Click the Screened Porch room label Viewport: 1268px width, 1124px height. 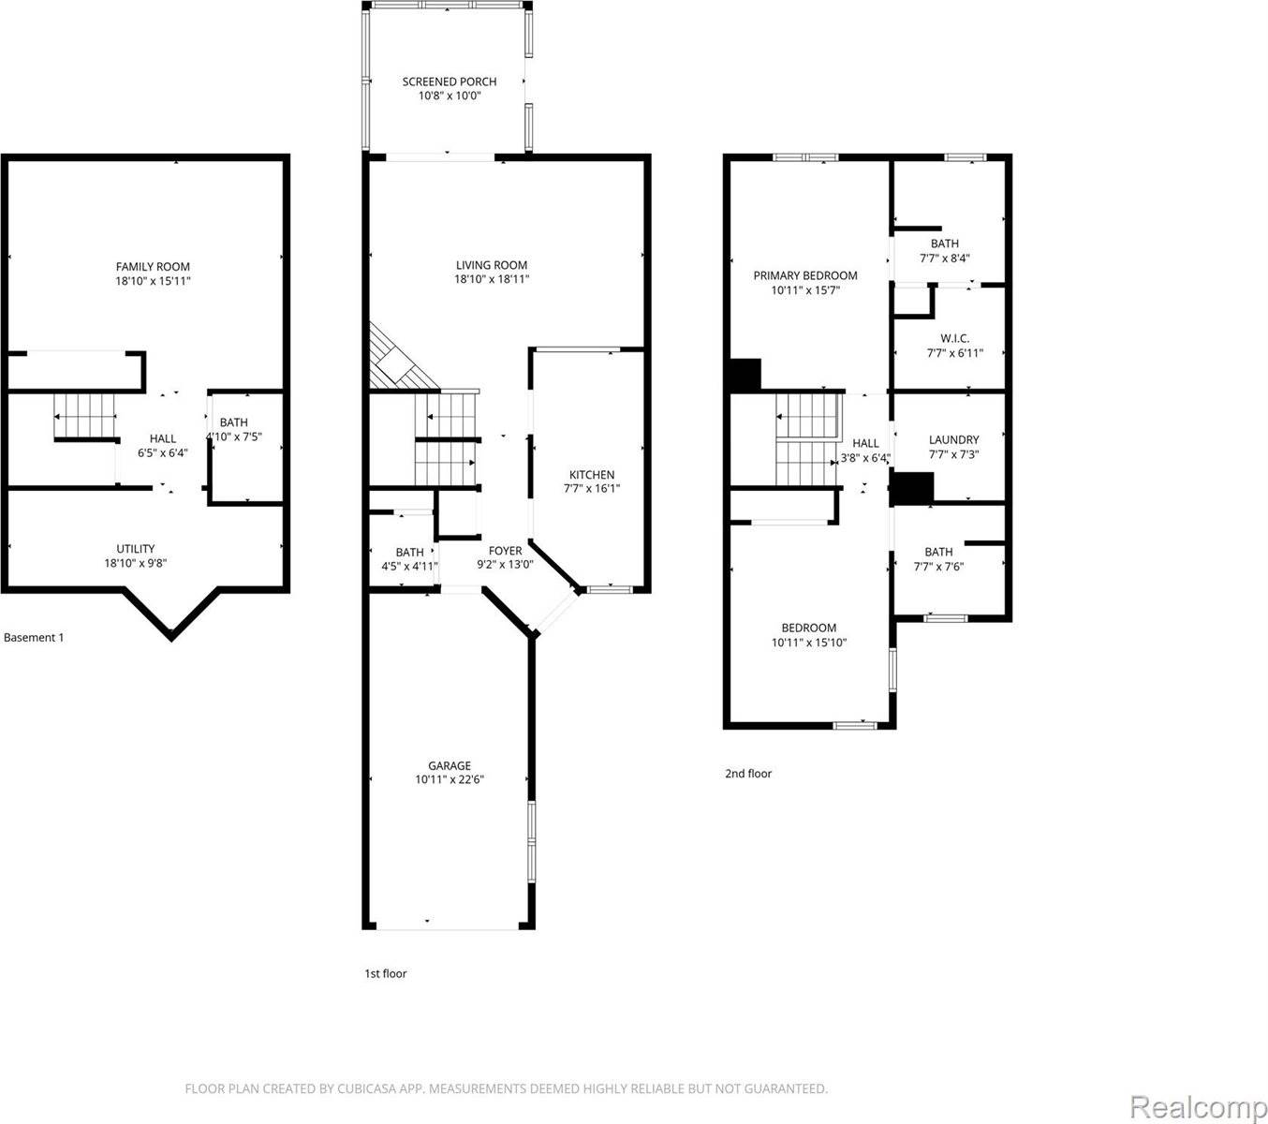pos(450,81)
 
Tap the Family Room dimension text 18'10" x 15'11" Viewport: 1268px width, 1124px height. pos(153,281)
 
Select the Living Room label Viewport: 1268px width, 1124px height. pos(492,265)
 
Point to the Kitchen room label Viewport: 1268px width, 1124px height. pos(592,475)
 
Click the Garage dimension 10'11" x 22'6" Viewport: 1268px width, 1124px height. pos(450,779)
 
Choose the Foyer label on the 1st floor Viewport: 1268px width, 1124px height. pos(505,551)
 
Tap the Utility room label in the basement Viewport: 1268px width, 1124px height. pos(136,549)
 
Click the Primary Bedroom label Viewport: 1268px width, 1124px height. pos(805,275)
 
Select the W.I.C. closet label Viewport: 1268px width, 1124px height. pos(954,338)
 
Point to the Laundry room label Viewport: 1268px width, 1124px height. pos(953,439)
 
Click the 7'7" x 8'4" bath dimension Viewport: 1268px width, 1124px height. pos(944,259)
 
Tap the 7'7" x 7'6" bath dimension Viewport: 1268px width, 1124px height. pos(938,567)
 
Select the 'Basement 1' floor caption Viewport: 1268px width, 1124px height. pos(34,638)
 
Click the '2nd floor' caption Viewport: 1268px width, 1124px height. pos(748,774)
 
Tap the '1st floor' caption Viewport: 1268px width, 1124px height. pos(385,973)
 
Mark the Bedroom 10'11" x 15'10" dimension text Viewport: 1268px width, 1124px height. pos(809,643)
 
